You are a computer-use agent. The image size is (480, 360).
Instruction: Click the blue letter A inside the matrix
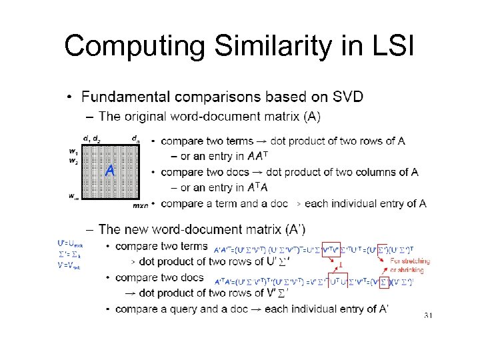point(109,171)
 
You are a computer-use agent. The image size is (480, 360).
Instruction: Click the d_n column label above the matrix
point(136,139)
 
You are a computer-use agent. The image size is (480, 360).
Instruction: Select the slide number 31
point(428,315)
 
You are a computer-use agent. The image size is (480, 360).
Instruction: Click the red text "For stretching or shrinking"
point(410,265)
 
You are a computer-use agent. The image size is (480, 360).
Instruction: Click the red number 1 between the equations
point(340,265)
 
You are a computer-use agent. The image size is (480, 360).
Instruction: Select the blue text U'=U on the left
point(70,245)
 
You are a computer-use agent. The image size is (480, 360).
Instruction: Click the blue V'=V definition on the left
point(69,264)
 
